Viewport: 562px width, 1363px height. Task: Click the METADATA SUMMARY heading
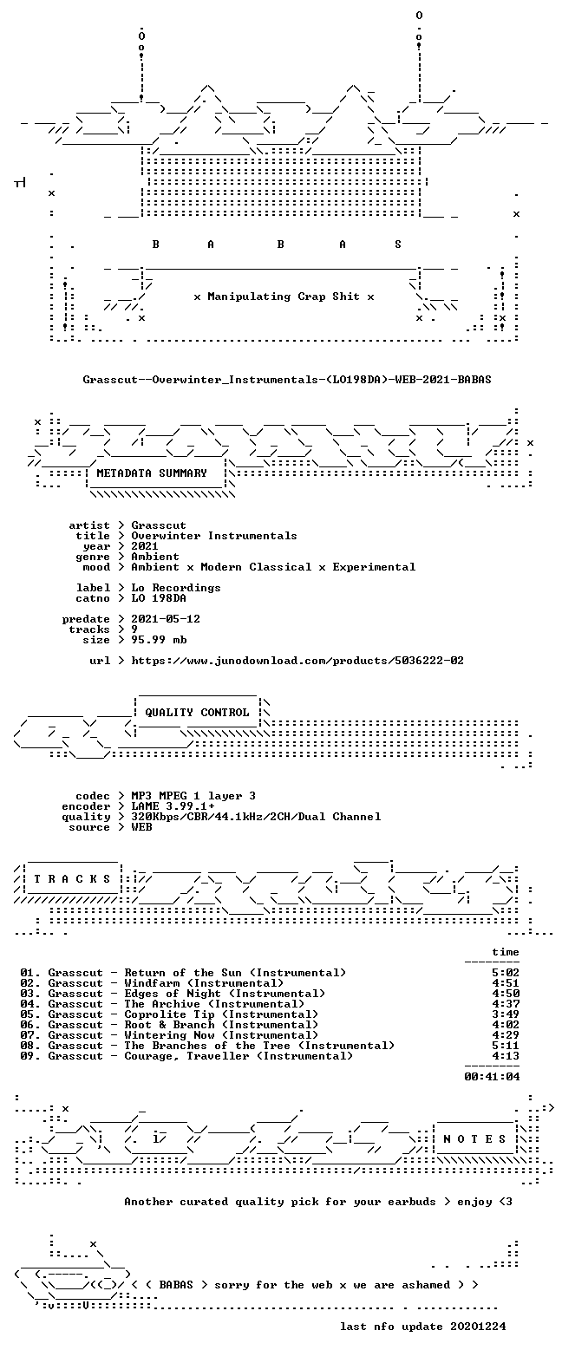[152, 473]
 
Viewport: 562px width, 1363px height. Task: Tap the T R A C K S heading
[73, 879]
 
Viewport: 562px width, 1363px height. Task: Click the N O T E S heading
[474, 1139]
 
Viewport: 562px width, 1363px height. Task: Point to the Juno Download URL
[297, 660]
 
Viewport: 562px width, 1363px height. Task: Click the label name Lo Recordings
[176, 588]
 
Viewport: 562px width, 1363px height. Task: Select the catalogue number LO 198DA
[159, 598]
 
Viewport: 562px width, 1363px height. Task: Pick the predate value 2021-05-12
[166, 619]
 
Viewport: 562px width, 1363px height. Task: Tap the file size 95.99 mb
[159, 640]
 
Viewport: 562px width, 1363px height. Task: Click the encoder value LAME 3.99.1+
[173, 806]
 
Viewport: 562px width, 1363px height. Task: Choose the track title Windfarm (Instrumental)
[204, 982]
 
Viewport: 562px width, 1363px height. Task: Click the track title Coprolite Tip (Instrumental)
[222, 1014]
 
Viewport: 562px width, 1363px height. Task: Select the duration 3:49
[506, 1014]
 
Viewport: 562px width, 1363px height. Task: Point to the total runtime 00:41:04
[492, 1076]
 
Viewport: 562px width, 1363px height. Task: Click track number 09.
[28, 1056]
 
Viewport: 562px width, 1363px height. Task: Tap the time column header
[506, 952]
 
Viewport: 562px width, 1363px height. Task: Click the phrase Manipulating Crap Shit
[283, 297]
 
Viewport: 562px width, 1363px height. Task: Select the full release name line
[287, 380]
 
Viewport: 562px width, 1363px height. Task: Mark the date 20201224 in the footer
[478, 1326]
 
